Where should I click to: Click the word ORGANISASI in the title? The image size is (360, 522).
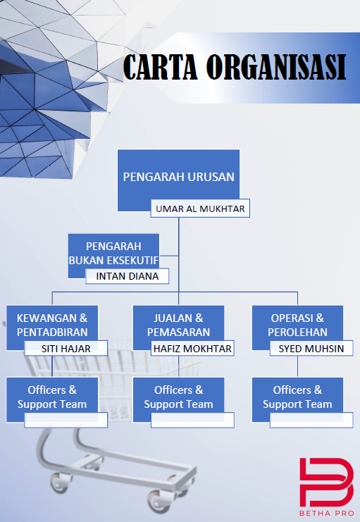(x=276, y=67)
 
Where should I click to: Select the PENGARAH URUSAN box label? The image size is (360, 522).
(x=178, y=177)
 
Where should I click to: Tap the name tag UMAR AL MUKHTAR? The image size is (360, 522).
(x=200, y=209)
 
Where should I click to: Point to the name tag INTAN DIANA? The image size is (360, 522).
(x=128, y=276)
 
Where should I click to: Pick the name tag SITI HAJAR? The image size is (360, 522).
(x=66, y=348)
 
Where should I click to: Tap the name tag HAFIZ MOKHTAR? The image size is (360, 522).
(x=192, y=348)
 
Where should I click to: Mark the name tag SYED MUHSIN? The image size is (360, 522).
(x=311, y=348)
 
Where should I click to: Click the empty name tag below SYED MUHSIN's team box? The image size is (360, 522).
(x=311, y=420)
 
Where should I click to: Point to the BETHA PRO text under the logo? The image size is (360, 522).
(x=327, y=513)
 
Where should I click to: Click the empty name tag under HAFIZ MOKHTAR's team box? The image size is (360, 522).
(x=192, y=420)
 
